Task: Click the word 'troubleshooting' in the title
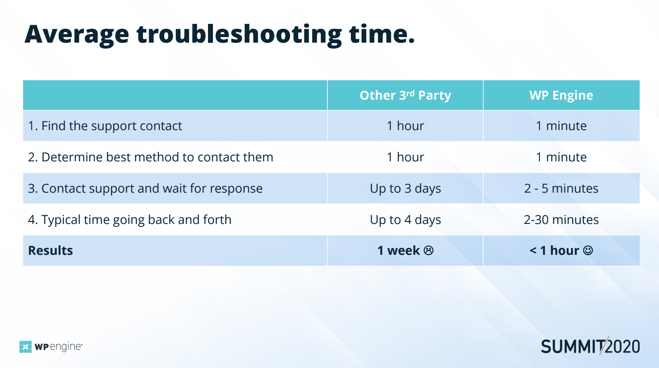coord(239,35)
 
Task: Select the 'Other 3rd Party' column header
coord(405,95)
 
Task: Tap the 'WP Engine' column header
coord(561,95)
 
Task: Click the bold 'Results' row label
coord(50,250)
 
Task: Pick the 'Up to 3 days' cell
coord(405,189)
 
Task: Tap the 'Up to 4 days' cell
coord(405,219)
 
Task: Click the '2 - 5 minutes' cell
coord(561,189)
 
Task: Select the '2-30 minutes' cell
coord(561,219)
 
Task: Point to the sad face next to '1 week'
coord(429,250)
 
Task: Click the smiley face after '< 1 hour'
coord(588,250)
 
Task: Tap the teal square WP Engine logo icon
coord(26,347)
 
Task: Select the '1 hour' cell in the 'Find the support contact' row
coord(405,126)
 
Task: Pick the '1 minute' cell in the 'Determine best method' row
coord(561,157)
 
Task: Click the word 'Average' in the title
coord(77,35)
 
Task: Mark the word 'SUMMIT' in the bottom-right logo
coord(573,347)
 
